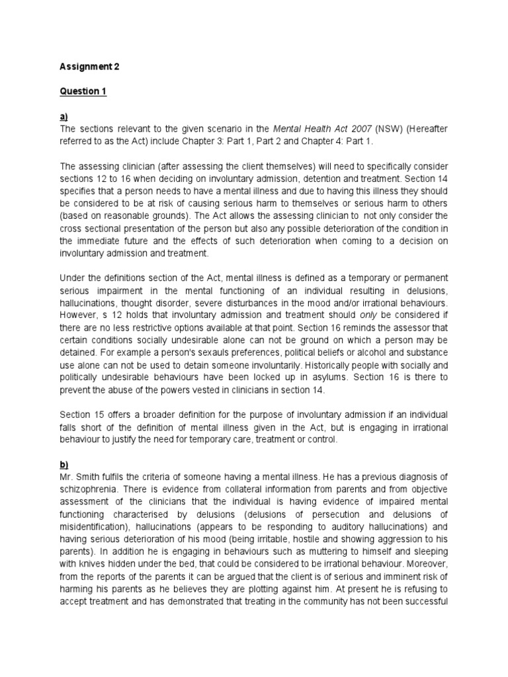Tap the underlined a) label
[x=64, y=116]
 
